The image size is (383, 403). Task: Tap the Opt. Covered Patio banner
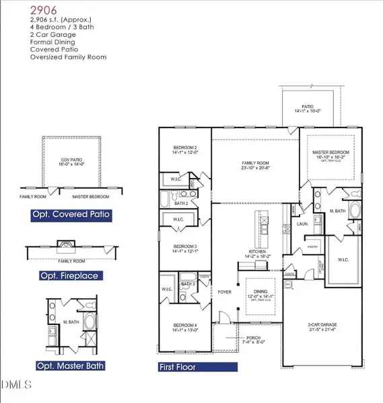pos(70,216)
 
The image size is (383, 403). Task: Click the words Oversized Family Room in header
pos(68,57)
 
